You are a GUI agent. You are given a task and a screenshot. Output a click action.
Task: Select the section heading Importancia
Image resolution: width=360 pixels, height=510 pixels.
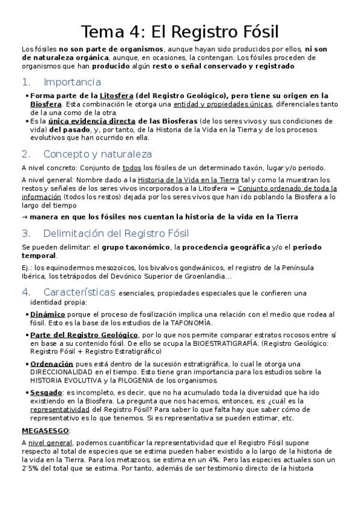[x=72, y=82]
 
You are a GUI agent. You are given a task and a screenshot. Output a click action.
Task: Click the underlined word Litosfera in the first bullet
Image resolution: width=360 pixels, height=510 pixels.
[x=117, y=96]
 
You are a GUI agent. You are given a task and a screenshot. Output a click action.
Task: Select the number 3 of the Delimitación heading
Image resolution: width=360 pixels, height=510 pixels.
[x=25, y=233]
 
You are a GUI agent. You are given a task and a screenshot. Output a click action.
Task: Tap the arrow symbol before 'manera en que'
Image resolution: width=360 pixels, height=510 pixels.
[x=24, y=217]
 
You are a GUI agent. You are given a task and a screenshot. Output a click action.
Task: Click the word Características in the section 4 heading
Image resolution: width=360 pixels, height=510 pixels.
[x=79, y=292]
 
